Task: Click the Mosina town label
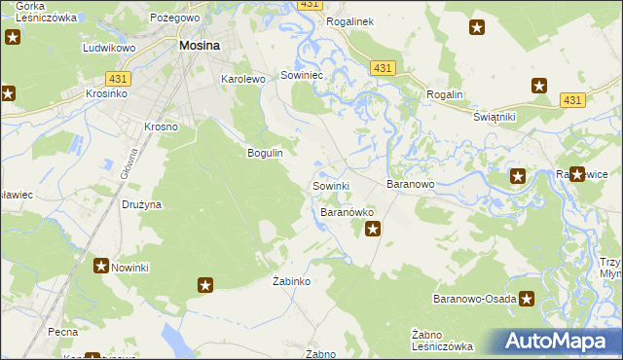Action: click(199, 45)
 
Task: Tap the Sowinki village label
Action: click(330, 185)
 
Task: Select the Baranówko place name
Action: click(348, 211)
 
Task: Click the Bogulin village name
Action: click(265, 153)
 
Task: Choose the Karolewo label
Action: click(243, 79)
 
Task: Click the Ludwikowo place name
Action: click(107, 47)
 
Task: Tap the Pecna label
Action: click(62, 332)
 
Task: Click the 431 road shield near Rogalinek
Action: click(382, 67)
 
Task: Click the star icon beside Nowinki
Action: click(100, 265)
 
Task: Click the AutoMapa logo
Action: click(557, 342)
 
